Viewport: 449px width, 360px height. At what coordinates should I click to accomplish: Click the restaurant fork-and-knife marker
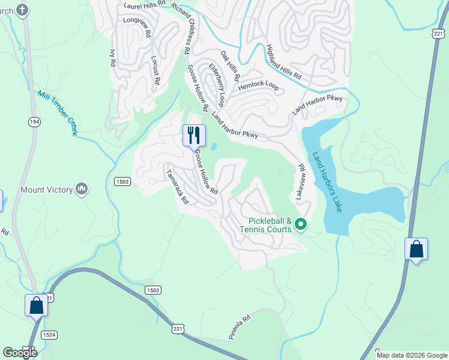click(194, 135)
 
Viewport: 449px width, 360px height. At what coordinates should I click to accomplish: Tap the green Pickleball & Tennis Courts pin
click(301, 225)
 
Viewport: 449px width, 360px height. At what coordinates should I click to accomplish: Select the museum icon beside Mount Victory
click(82, 190)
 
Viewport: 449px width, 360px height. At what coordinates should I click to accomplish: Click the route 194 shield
click(33, 122)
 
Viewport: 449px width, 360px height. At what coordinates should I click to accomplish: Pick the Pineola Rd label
click(238, 328)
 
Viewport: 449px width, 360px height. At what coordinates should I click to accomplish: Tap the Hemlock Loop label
click(259, 86)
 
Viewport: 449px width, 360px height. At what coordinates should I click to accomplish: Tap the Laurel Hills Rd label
click(146, 6)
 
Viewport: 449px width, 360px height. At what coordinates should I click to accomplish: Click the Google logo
click(20, 353)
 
